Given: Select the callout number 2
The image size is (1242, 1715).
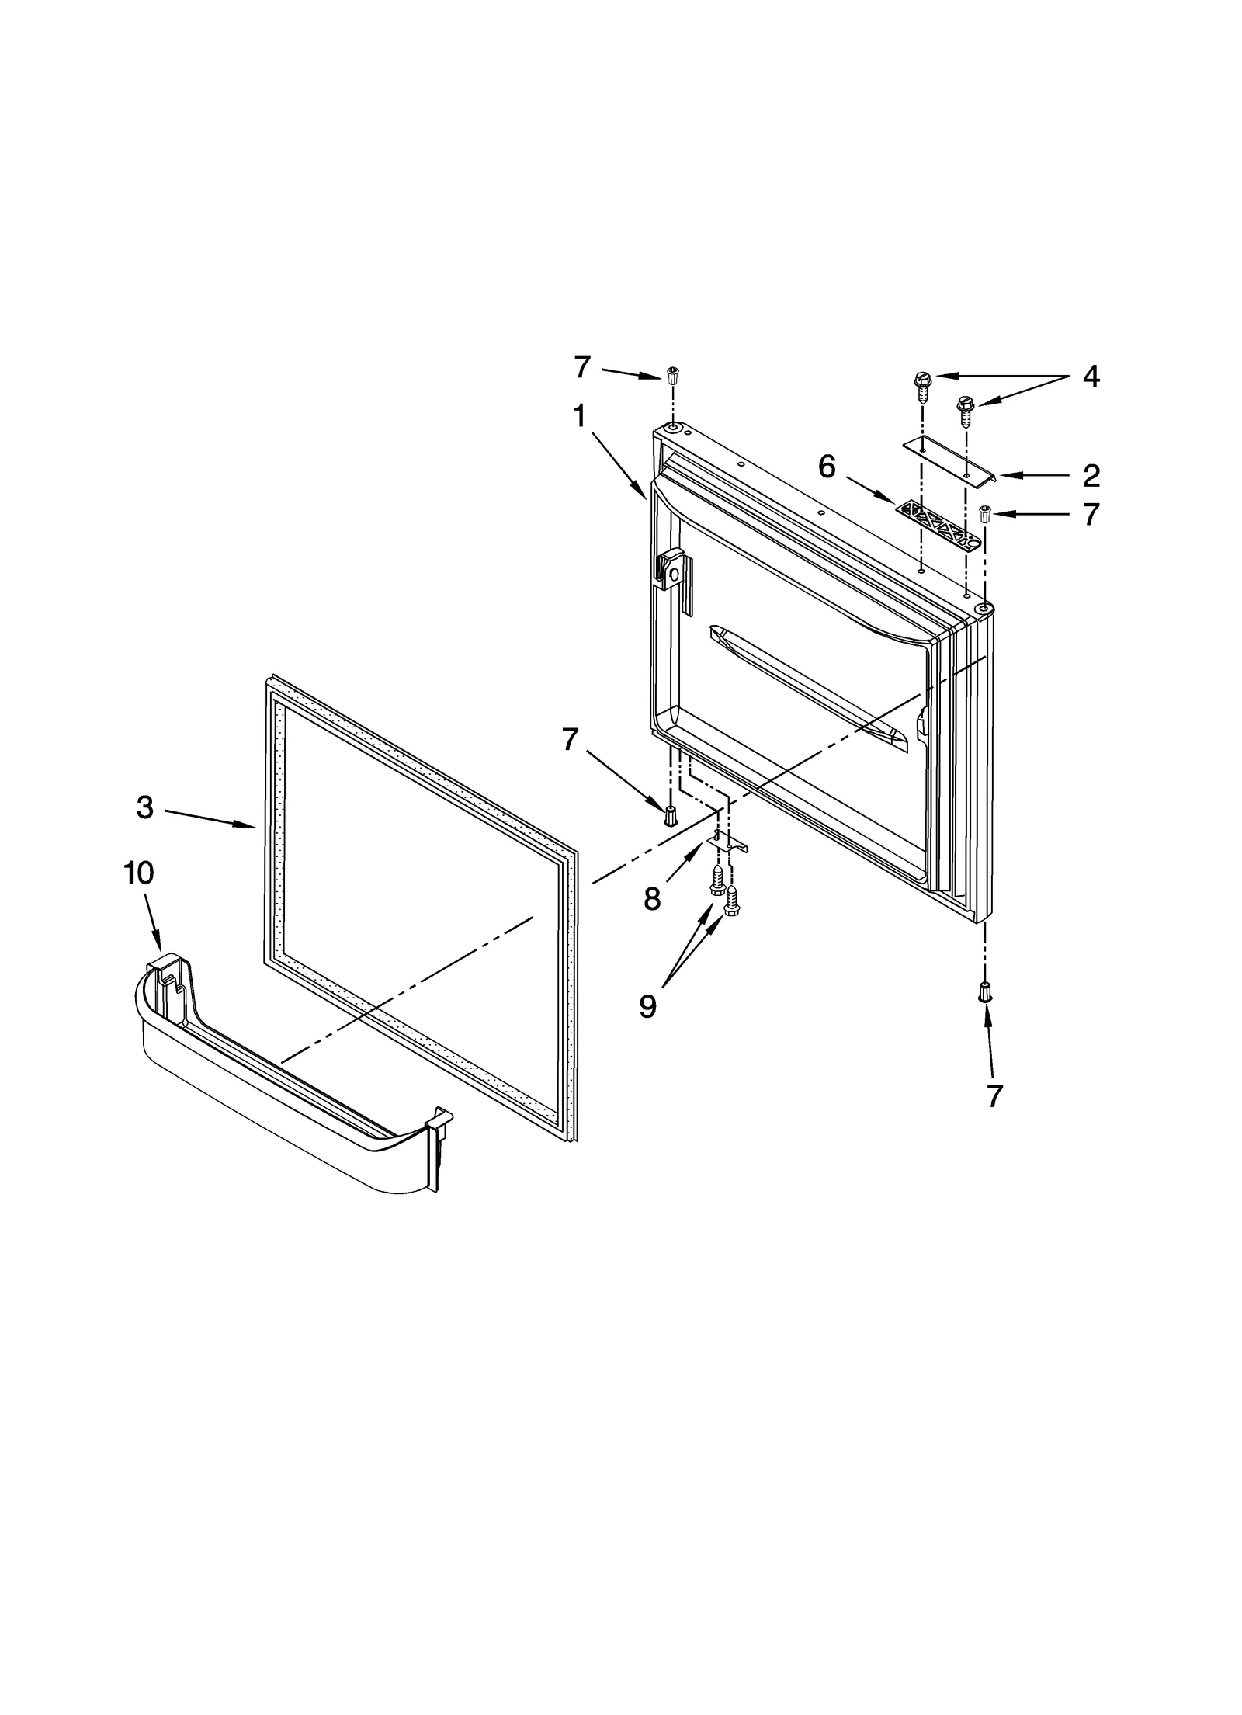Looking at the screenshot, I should click(x=1091, y=475).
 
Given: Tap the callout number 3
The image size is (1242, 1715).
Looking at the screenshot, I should click(x=145, y=807).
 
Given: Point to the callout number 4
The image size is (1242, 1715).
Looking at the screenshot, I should click(x=1091, y=377).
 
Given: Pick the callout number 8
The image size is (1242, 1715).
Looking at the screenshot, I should click(x=651, y=899).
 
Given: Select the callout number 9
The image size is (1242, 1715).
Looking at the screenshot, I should click(x=647, y=1006).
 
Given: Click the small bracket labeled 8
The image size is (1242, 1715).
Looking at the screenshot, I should click(x=727, y=841).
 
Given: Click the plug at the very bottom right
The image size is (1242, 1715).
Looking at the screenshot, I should click(x=984, y=991).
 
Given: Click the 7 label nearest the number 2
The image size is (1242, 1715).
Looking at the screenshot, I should click(x=1091, y=514).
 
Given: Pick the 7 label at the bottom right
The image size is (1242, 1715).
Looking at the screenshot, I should click(x=994, y=1095).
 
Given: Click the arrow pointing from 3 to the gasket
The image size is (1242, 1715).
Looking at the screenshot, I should click(x=210, y=819).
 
